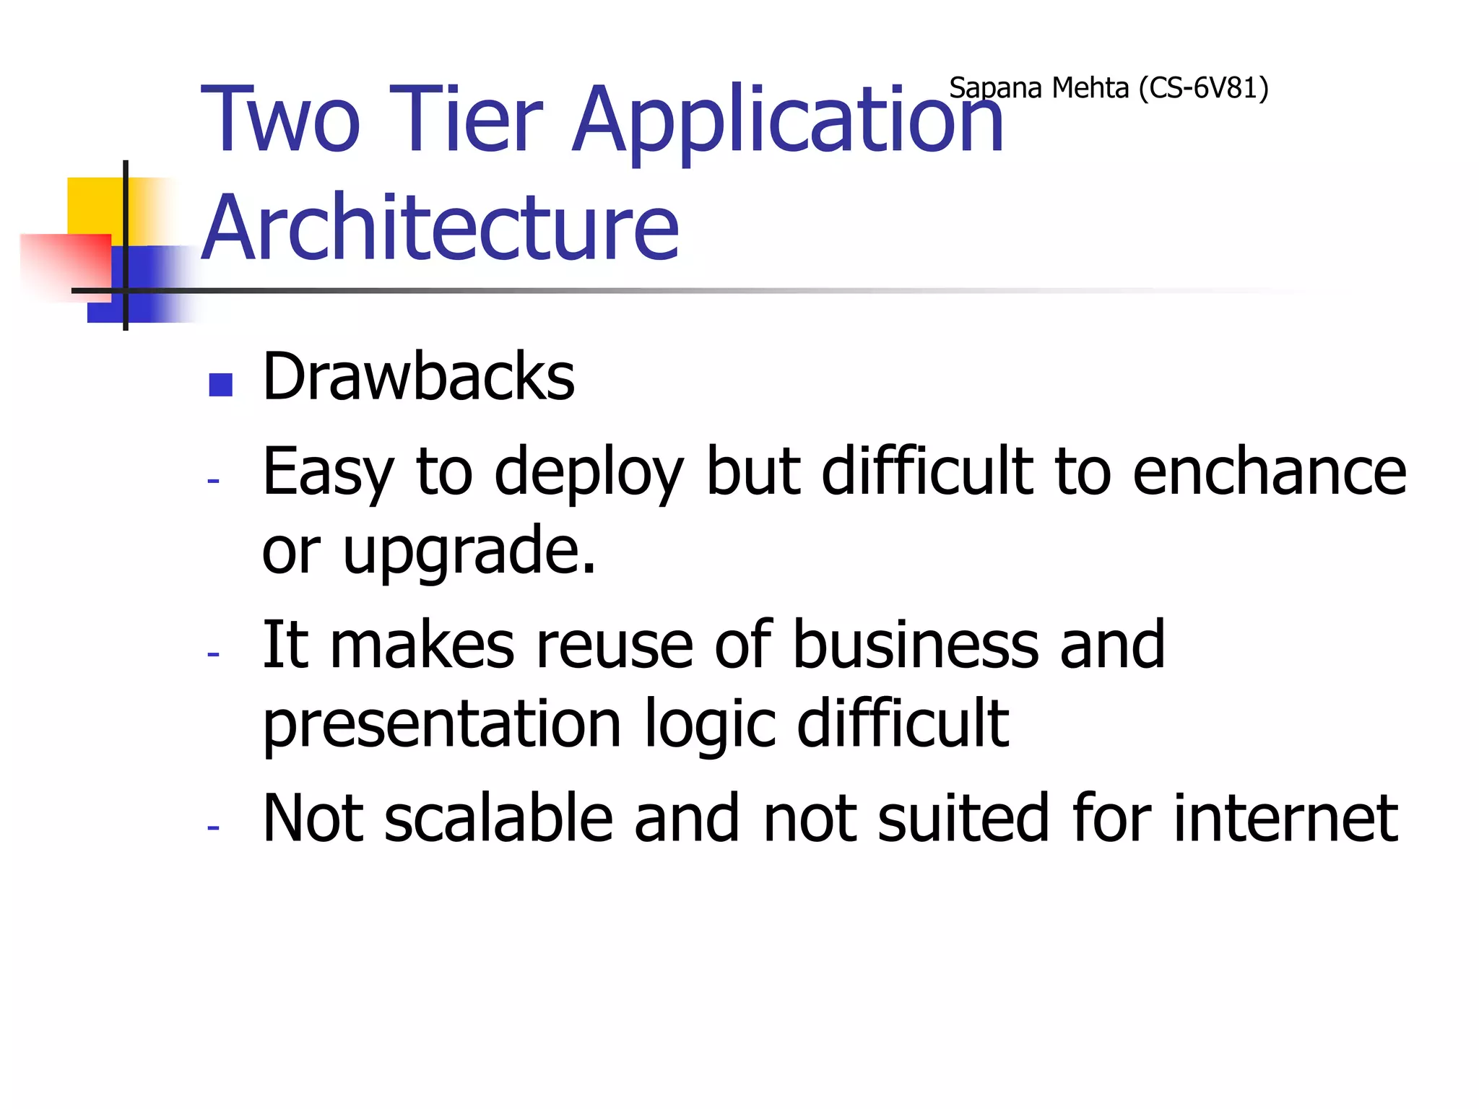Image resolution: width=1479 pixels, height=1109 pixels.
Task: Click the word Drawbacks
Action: tap(418, 378)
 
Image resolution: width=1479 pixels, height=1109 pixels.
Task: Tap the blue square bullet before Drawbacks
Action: tap(220, 385)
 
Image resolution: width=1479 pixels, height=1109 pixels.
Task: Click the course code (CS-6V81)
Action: tap(1203, 88)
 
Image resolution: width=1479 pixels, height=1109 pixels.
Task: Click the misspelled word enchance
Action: tap(1269, 471)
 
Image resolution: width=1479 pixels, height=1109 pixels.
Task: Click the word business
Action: tap(915, 645)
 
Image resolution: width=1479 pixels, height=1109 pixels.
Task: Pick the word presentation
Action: tap(441, 724)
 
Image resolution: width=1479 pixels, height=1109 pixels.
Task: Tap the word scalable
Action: tap(498, 818)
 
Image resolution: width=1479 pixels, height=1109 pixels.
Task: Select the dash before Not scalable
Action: tap(213, 827)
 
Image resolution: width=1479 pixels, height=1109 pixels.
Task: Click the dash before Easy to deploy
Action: tap(213, 481)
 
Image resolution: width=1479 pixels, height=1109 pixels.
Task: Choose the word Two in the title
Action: tap(280, 119)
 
